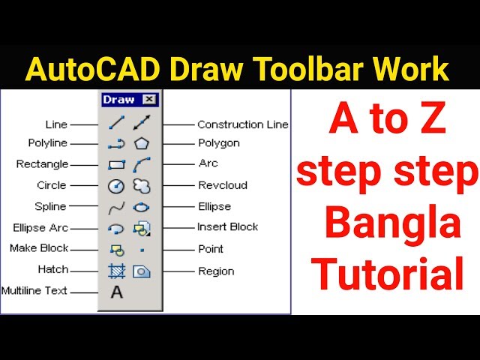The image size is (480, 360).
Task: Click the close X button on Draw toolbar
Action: coord(149,100)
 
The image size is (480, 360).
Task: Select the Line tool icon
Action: coord(116,122)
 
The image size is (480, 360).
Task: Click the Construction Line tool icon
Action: coord(142,122)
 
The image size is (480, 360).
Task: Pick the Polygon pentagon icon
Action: coord(142,143)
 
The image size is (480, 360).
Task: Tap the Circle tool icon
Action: coord(116,186)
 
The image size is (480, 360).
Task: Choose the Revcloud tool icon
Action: coord(142,186)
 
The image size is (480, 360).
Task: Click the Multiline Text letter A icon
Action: coord(116,292)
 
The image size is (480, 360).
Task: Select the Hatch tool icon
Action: coord(116,271)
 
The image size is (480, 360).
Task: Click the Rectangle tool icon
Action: coord(116,164)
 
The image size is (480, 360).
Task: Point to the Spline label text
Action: coord(50,207)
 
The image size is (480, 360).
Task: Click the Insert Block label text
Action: coord(227,226)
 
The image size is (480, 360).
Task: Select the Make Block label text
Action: coord(39,248)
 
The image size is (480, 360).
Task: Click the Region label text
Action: coord(216,271)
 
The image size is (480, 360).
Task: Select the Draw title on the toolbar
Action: coord(118,100)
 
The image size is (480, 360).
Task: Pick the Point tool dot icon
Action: coord(142,250)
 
